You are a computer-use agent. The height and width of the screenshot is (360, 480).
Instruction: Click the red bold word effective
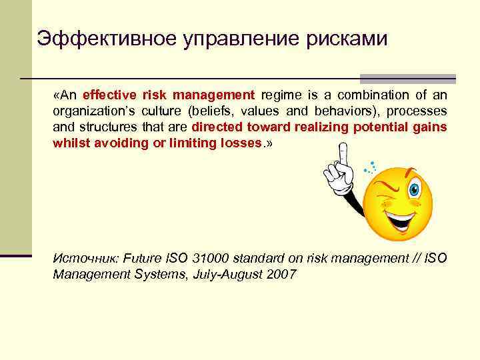coord(109,94)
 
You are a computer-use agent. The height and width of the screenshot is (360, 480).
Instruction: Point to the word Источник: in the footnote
coord(83,259)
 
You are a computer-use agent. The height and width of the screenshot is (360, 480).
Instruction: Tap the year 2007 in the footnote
coord(283,274)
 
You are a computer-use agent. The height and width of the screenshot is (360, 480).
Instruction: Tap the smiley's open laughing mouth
coord(401,219)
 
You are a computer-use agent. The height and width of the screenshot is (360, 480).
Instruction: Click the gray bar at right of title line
coord(407,78)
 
